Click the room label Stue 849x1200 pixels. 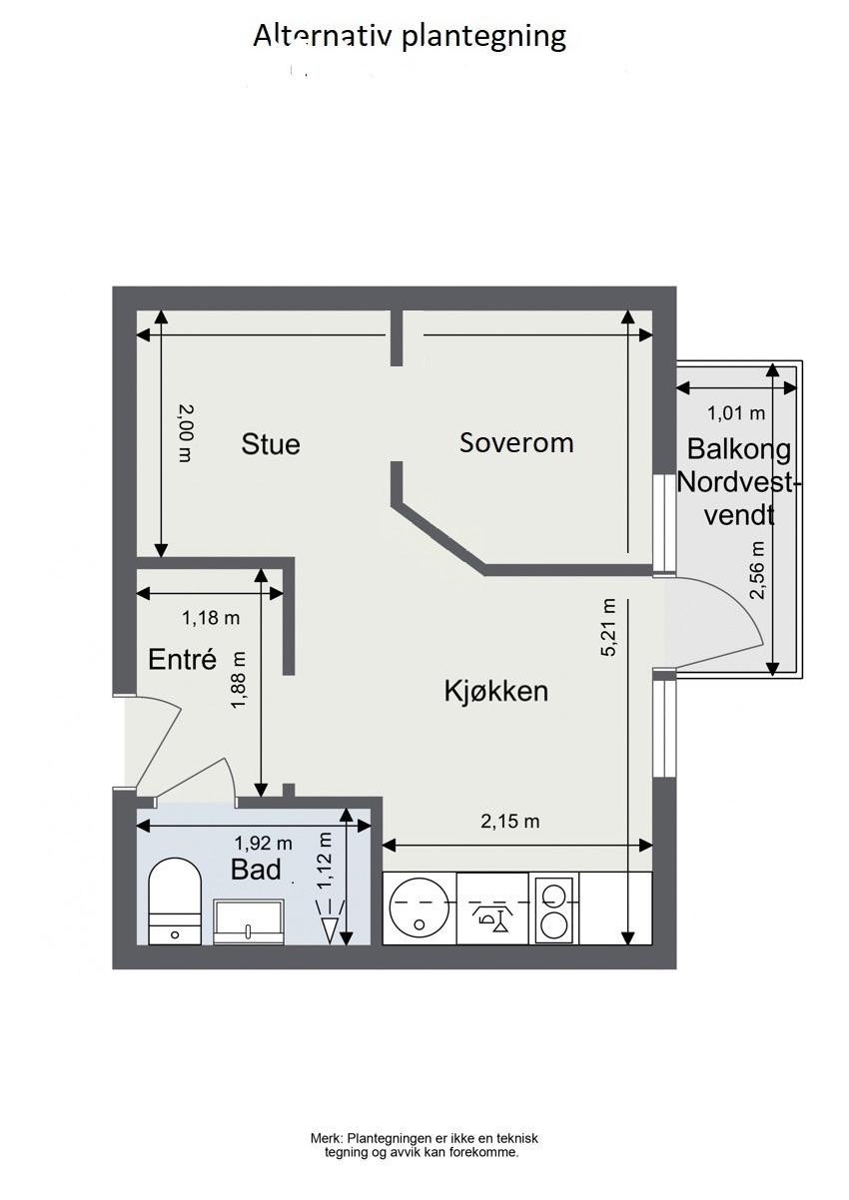(271, 444)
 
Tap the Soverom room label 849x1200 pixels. (516, 442)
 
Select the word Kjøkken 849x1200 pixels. (496, 691)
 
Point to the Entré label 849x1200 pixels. (182, 659)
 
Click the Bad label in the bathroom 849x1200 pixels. (256, 870)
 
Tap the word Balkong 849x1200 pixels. (738, 449)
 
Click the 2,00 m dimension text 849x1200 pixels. (184, 431)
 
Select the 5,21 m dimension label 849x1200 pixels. (608, 627)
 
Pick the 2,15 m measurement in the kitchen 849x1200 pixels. (509, 822)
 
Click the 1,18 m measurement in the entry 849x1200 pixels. (211, 618)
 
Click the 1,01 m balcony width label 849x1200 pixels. (736, 412)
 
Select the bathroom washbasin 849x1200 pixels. (249, 920)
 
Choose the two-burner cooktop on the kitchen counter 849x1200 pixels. (553, 907)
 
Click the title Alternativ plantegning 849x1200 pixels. (410, 37)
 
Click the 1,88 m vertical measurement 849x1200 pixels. (238, 681)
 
